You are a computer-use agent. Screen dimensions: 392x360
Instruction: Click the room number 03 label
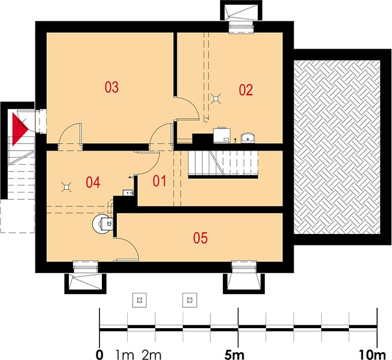coord(111,88)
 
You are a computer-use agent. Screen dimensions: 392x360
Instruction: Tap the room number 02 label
coord(246,90)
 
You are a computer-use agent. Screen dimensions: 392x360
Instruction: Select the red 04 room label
coord(93,182)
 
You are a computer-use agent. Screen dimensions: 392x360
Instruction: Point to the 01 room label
coord(159,181)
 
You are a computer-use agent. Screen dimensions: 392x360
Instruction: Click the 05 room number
coord(200,238)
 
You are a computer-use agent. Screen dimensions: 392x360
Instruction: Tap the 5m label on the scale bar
coord(234,355)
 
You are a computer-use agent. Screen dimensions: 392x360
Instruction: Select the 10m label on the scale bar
coord(372,355)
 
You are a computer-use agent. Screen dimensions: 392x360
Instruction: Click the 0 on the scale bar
coord(99,355)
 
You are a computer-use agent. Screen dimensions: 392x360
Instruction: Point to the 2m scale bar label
coord(152,355)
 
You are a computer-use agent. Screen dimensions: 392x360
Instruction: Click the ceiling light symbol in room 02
coord(216,98)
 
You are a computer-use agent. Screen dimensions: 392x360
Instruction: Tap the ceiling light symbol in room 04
coord(67,187)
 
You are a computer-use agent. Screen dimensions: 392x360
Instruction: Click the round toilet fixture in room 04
coord(102,223)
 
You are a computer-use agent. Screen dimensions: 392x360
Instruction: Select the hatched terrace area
coord(337,147)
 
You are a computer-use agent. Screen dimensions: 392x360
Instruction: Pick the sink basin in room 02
coord(248,139)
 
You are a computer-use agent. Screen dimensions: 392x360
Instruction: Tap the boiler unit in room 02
coord(222,136)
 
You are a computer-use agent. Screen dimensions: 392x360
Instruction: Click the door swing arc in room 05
coord(132,247)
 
